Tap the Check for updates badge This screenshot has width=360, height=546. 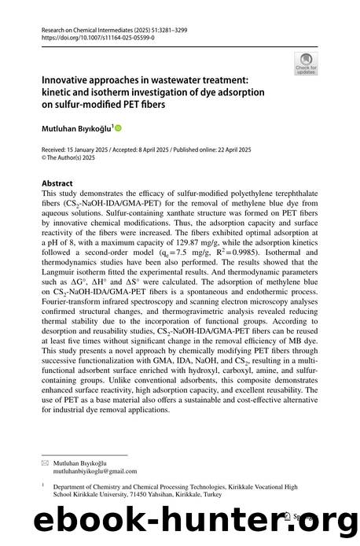[x=304, y=60]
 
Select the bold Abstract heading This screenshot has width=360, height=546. [x=58, y=180]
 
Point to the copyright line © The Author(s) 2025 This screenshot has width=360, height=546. [x=76, y=157]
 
